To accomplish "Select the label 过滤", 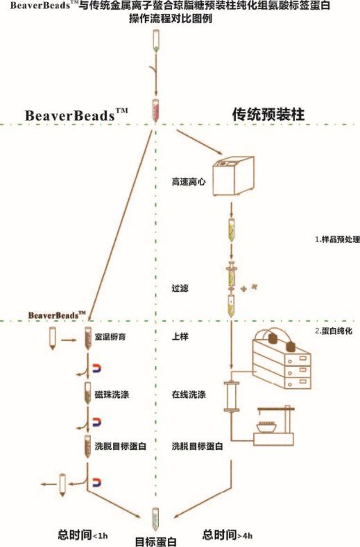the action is tap(180, 288).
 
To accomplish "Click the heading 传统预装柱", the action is tap(268, 114).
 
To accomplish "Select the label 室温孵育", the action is tap(110, 337).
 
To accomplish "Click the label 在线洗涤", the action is tap(189, 394).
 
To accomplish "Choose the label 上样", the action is tap(180, 337).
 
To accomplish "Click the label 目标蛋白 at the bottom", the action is tap(156, 541).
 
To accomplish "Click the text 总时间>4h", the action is tap(228, 535).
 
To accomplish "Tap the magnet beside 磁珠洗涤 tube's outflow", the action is tap(96, 422).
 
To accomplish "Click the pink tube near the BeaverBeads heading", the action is tap(156, 110).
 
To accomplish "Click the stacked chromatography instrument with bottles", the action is tap(282, 360).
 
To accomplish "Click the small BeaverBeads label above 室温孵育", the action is tap(57, 315).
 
